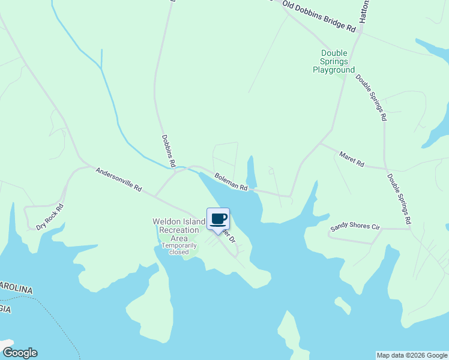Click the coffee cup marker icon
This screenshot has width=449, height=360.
pyautogui.click(x=218, y=219)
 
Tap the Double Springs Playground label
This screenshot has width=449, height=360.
pyautogui.click(x=334, y=61)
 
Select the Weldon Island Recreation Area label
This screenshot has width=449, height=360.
pyautogui.click(x=179, y=230)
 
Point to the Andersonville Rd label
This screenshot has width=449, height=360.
pyautogui.click(x=118, y=179)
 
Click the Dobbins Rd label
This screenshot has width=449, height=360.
pyautogui.click(x=169, y=150)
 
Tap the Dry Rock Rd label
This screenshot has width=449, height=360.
pyautogui.click(x=49, y=217)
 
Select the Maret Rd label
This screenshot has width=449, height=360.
pyautogui.click(x=351, y=159)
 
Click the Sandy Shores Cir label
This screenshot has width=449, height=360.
pyautogui.click(x=355, y=228)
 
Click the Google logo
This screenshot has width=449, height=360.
pyautogui.click(x=19, y=353)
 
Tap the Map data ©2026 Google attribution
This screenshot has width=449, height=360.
pyautogui.click(x=412, y=355)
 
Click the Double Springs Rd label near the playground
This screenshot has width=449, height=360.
pyautogui.click(x=371, y=97)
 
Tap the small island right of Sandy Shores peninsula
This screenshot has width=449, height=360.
pyautogui.click(x=343, y=305)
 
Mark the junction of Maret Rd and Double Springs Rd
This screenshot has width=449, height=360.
pyautogui.click(x=385, y=168)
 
